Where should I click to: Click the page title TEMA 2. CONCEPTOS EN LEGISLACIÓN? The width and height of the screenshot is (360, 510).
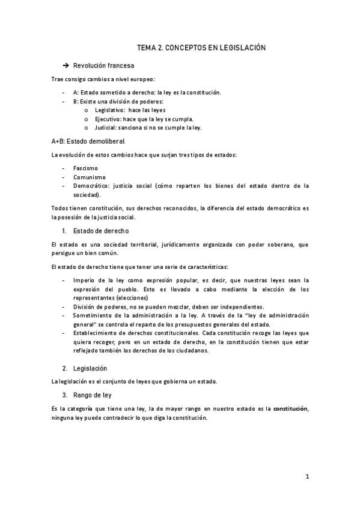tap(201, 47)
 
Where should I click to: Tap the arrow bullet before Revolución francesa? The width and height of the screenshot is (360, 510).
tap(66, 65)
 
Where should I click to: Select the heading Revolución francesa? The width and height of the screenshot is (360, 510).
tap(103, 65)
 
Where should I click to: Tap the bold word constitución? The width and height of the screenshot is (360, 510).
tap(291, 409)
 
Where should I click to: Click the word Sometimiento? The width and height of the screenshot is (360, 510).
tap(95, 315)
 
